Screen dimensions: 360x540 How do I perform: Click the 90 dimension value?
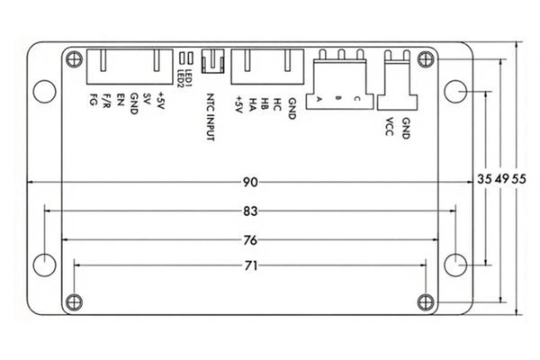tap(250, 182)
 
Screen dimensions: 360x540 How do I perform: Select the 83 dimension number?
tap(250, 211)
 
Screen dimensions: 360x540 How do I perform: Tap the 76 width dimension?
tap(250, 240)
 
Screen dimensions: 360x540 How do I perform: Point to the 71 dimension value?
tap(250, 266)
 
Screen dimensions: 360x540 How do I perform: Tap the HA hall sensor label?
tap(253, 100)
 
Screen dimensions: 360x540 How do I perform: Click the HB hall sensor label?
tap(265, 100)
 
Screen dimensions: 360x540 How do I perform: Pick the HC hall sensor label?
tap(278, 100)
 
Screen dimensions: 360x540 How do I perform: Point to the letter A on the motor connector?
tap(319, 100)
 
